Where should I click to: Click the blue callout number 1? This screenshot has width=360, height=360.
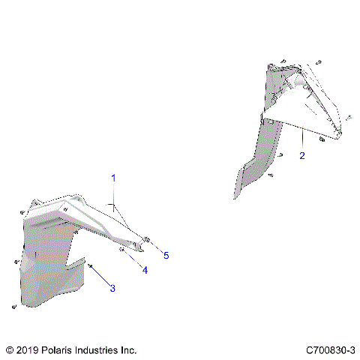tap(114, 178)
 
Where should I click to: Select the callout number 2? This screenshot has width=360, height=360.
tap(301, 156)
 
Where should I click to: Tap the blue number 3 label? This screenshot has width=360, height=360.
tap(112, 288)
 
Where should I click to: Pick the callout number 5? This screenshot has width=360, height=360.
tap(166, 255)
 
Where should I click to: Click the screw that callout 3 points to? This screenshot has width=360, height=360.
tap(90, 265)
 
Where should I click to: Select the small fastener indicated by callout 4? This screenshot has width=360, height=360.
tap(121, 248)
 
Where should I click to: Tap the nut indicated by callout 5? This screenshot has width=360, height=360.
tap(147, 239)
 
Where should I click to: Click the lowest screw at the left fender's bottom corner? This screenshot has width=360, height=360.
tap(13, 307)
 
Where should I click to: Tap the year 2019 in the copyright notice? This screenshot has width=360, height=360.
tap(26, 350)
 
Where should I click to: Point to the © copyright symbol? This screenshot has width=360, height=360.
tap(9, 350)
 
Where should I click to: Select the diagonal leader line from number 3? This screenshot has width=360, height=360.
tap(100, 275)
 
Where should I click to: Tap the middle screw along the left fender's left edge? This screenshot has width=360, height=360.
tap(16, 262)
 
